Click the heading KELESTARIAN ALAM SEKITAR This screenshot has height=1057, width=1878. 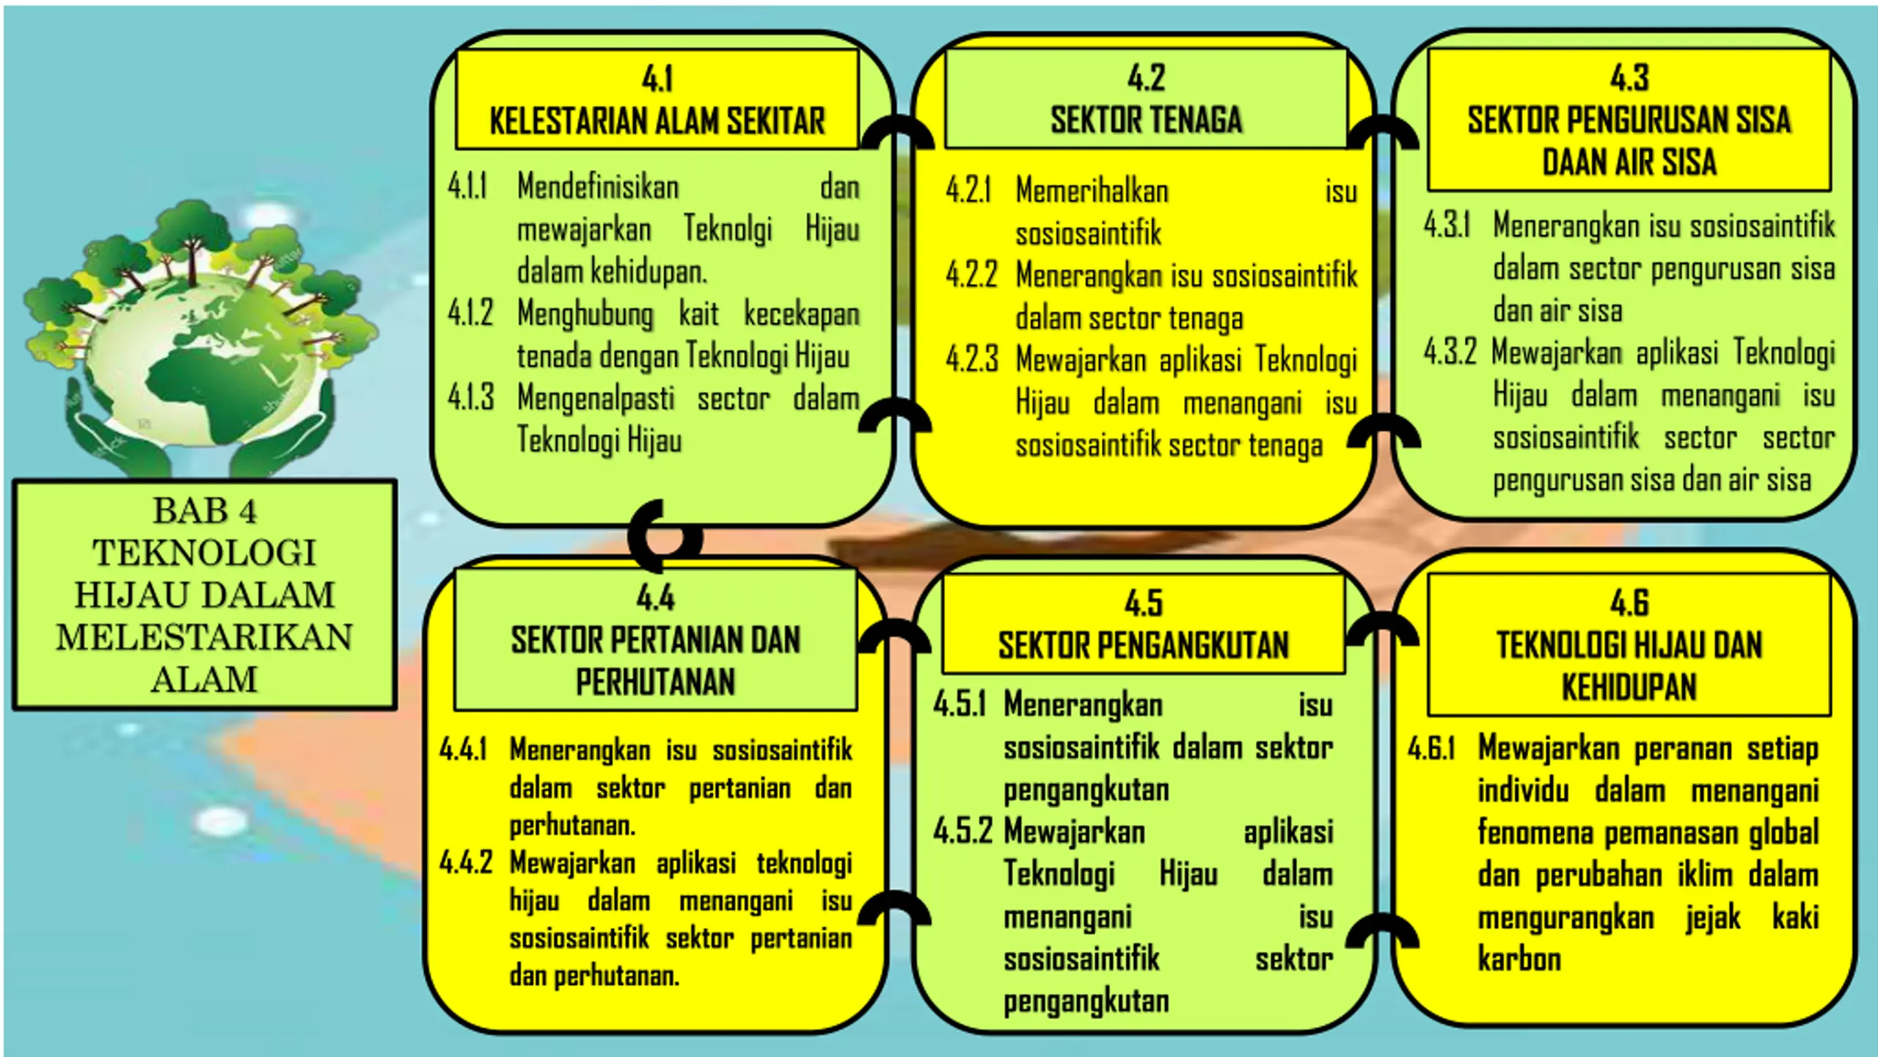(x=657, y=121)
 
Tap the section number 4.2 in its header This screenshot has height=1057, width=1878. (x=1146, y=77)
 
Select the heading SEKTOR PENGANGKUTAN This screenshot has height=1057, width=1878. (x=1144, y=645)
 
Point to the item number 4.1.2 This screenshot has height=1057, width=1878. (x=470, y=313)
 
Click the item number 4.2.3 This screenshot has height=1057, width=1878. (x=972, y=360)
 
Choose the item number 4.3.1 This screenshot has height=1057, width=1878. (x=1447, y=225)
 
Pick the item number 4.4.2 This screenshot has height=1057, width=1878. (x=466, y=862)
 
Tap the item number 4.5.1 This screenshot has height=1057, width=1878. (x=960, y=704)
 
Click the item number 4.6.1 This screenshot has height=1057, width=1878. (x=1431, y=748)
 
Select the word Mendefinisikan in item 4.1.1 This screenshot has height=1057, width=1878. (x=598, y=186)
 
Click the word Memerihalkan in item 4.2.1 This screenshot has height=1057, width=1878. (x=1092, y=191)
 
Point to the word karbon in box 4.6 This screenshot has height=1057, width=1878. (x=1519, y=959)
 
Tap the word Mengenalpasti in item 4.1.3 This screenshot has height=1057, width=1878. (x=596, y=399)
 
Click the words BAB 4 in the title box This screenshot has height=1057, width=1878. (x=205, y=511)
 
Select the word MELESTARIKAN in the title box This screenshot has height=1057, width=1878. (x=205, y=637)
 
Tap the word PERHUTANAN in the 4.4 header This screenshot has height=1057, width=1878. (x=655, y=682)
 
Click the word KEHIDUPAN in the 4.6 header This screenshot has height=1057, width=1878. (x=1629, y=688)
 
